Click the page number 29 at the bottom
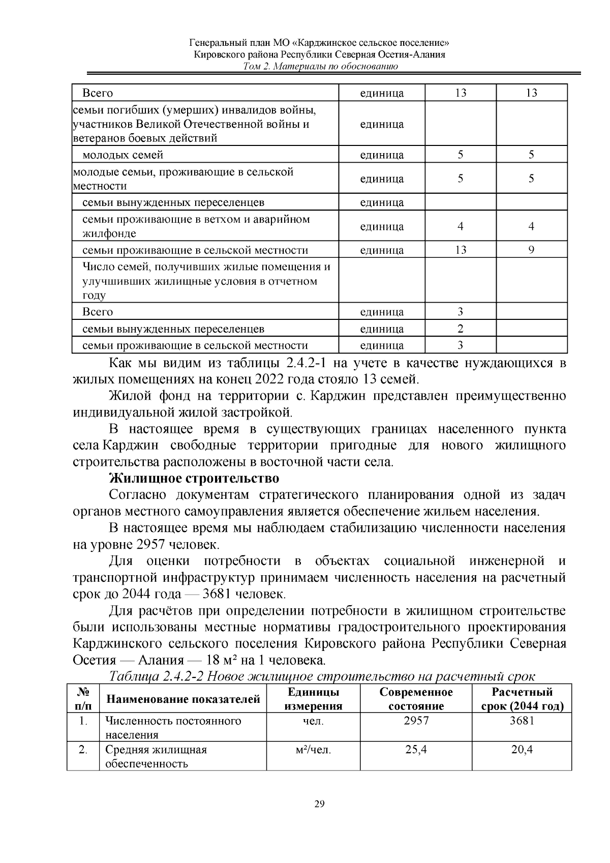[x=319, y=804]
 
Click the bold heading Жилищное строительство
[x=194, y=479]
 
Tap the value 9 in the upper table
[x=531, y=250]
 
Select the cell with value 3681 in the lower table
[x=522, y=721]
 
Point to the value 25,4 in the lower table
[x=416, y=750]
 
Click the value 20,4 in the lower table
[x=522, y=750]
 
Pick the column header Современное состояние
[x=416, y=699]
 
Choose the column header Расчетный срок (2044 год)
[x=522, y=699]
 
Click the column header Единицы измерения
[x=313, y=699]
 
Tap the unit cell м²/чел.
[x=313, y=750]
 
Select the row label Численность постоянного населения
[x=173, y=727]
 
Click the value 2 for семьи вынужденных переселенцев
[x=460, y=329]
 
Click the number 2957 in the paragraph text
[x=150, y=545]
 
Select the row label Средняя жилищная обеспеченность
[x=156, y=756]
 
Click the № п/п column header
[x=83, y=699]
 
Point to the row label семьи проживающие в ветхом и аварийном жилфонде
[x=196, y=226]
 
